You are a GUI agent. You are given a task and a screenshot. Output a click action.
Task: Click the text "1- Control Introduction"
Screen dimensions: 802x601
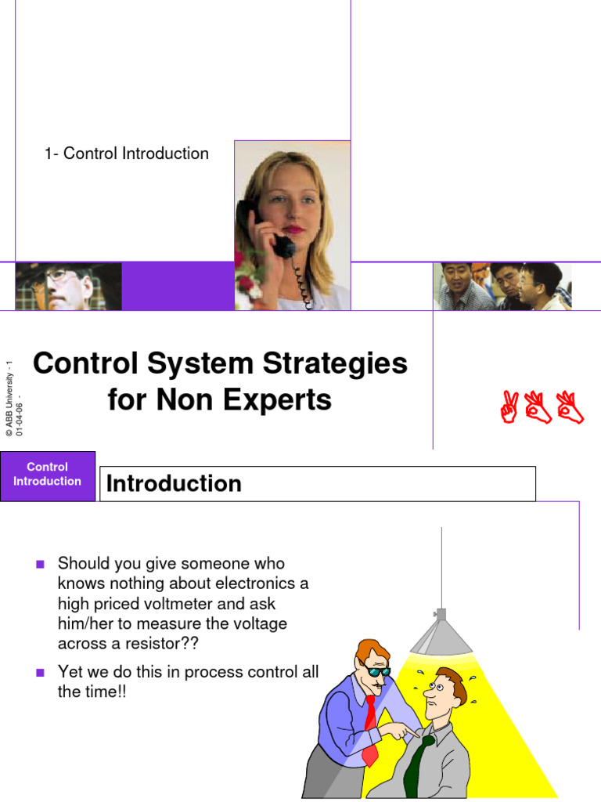pyautogui.click(x=127, y=154)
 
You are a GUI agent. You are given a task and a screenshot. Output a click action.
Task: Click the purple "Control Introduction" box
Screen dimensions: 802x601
pyautogui.click(x=48, y=475)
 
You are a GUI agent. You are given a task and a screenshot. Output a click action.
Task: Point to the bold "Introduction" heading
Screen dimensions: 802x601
pyautogui.click(x=174, y=483)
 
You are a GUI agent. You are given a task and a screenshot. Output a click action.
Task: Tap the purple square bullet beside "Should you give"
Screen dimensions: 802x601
pyautogui.click(x=41, y=564)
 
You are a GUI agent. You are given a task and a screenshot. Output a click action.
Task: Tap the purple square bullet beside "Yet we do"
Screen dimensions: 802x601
pyautogui.click(x=41, y=672)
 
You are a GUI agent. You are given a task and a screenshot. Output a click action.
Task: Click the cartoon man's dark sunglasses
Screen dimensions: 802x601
pyautogui.click(x=377, y=670)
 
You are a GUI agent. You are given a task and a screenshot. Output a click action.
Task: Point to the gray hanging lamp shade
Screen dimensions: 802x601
pyautogui.click(x=441, y=634)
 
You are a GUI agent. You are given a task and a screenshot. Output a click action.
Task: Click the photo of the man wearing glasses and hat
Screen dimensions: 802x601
pyautogui.click(x=68, y=287)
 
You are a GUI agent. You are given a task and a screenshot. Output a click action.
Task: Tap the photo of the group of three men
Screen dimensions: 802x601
pyautogui.click(x=502, y=287)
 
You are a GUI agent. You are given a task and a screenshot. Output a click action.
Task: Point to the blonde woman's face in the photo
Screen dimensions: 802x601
pyautogui.click(x=283, y=204)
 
